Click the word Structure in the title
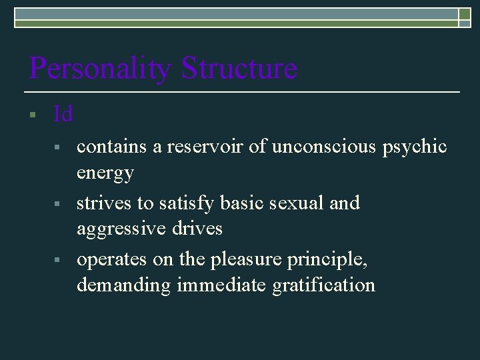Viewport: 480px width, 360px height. pyautogui.click(x=239, y=68)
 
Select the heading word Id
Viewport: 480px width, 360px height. pyautogui.click(x=63, y=114)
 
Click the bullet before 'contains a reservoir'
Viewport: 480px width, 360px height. pyautogui.click(x=59, y=145)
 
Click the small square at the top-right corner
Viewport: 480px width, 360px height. pyautogui.click(x=465, y=17)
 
